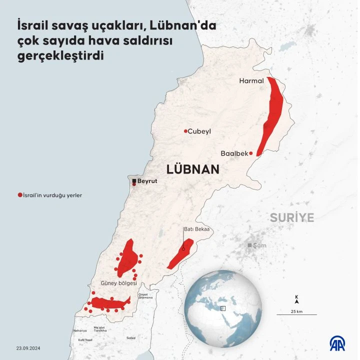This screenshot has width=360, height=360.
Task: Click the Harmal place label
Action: pos(251,80)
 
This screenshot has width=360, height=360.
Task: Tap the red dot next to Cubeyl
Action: pos(185,131)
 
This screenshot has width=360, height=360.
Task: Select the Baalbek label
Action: pos(234,153)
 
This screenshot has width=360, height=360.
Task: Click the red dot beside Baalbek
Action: pos(251,153)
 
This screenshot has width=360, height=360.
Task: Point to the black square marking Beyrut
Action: pos(134,180)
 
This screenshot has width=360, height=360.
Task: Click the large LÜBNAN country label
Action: pos(193,169)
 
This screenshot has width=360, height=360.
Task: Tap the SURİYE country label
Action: pos(292,217)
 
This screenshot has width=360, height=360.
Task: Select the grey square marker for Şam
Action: pos(249,245)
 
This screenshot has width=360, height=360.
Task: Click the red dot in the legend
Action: pos(19,195)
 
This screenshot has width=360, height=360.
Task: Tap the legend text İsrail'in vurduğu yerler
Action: pos(51,195)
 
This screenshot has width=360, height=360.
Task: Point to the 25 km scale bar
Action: pos(296,314)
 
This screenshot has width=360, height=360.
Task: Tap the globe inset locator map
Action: pos(223,308)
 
